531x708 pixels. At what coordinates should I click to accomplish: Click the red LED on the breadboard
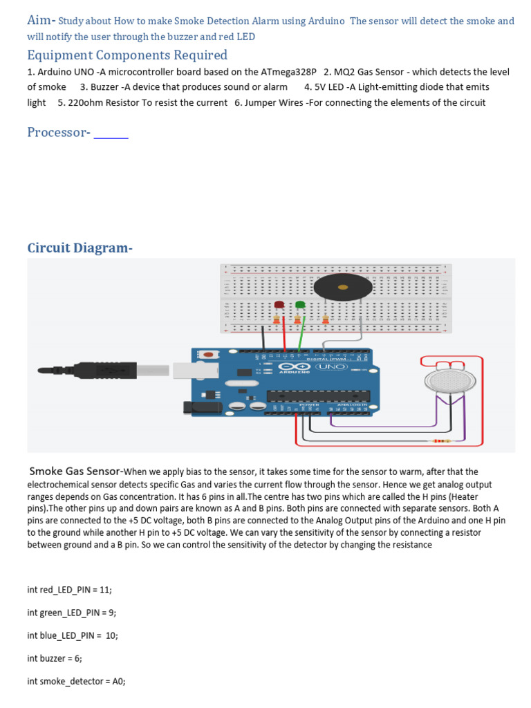pyautogui.click(x=279, y=305)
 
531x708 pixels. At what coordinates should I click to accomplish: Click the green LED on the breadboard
pyautogui.click(x=299, y=305)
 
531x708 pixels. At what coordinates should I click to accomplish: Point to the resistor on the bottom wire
pyautogui.click(x=440, y=440)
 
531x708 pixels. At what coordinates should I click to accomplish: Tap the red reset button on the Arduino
pyautogui.click(x=207, y=355)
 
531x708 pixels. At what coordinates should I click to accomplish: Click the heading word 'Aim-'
pyautogui.click(x=41, y=21)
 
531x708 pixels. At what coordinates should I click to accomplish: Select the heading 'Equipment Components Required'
pyautogui.click(x=127, y=55)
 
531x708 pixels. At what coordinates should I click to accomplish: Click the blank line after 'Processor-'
pyautogui.click(x=111, y=133)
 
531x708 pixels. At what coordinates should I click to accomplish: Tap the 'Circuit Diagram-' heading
pyautogui.click(x=80, y=248)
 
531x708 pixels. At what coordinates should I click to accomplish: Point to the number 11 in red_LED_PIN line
pyautogui.click(x=104, y=590)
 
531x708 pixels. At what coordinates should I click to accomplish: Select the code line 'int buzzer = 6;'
pyautogui.click(x=55, y=658)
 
